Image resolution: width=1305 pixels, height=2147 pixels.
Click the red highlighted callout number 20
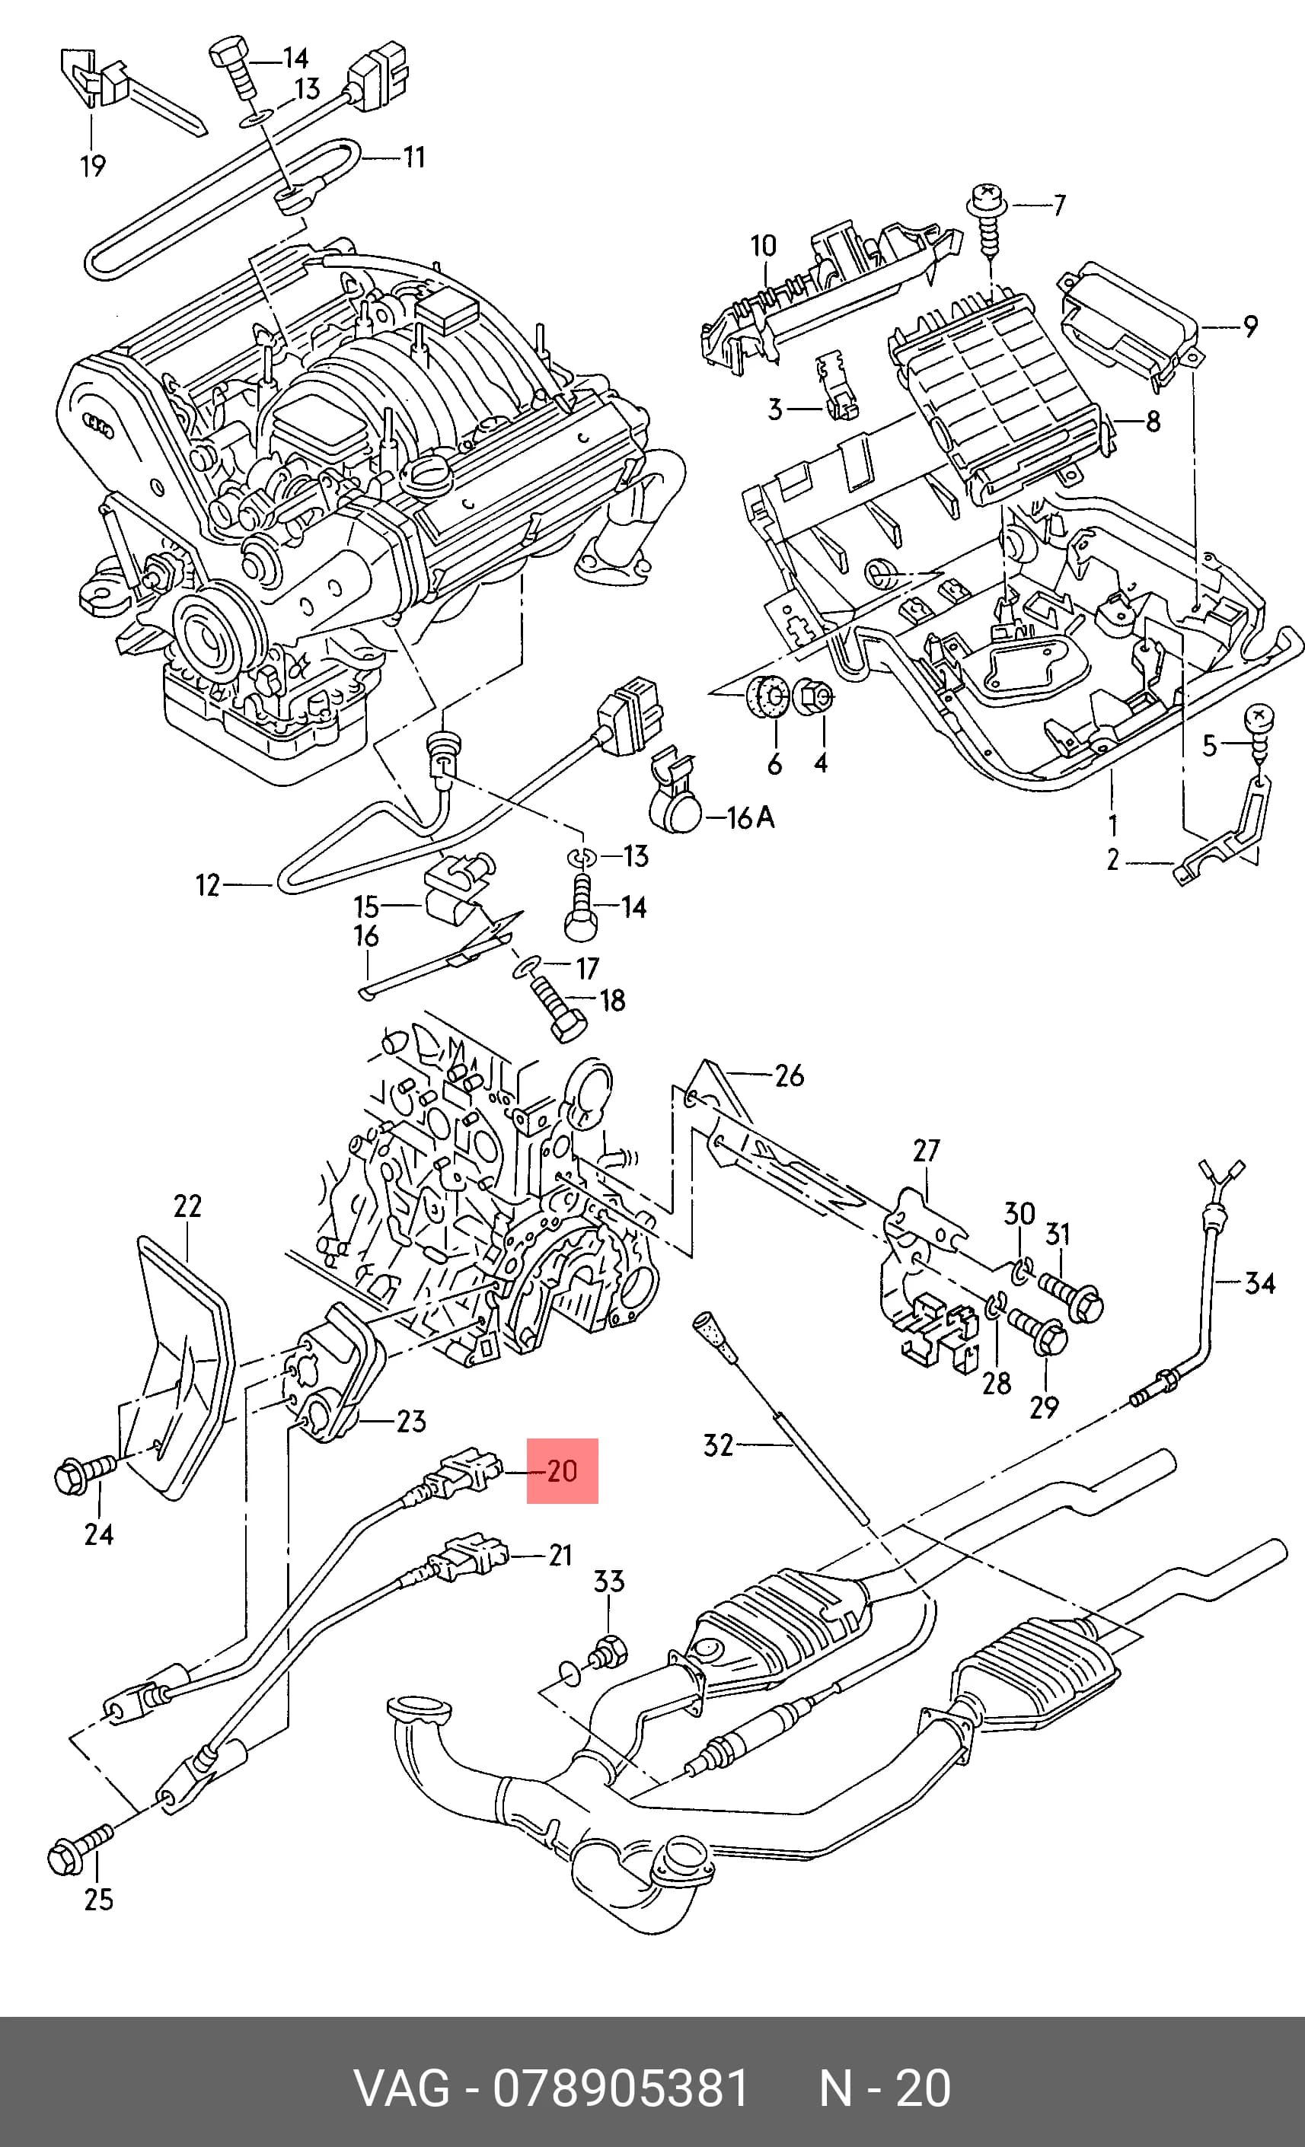[562, 1471]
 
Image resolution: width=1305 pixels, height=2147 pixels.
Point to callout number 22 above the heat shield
[187, 1206]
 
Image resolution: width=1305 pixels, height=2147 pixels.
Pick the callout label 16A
[751, 817]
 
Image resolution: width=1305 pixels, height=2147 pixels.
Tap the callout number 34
[1259, 1282]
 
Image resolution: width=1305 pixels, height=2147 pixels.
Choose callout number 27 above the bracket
[927, 1150]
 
